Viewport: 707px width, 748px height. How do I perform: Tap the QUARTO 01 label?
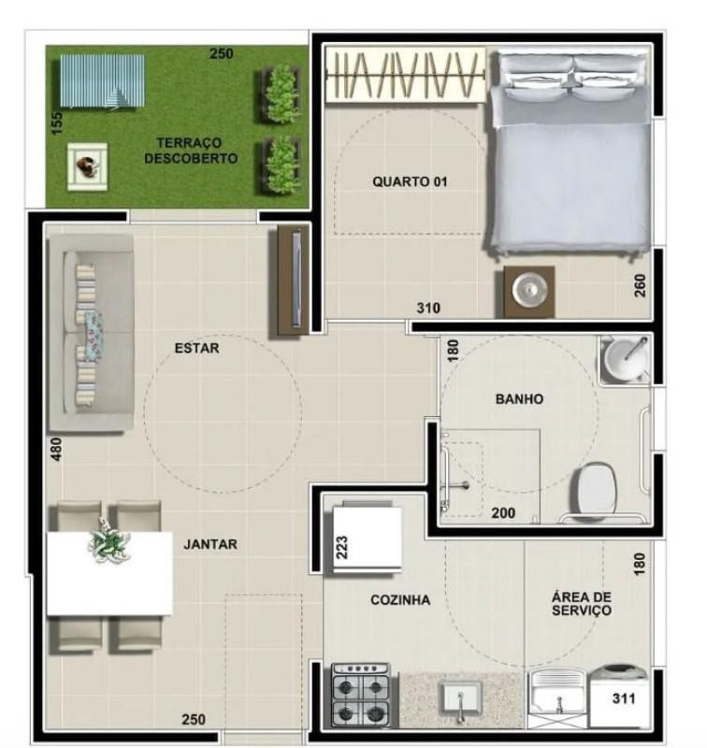410,181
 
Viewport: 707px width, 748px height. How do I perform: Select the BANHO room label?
519,398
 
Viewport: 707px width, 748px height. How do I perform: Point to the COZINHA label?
399,600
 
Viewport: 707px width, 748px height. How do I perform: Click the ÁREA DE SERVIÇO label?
581,603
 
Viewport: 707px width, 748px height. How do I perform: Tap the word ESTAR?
196,349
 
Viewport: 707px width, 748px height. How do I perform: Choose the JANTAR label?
210,544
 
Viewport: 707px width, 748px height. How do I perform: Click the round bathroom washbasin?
624,360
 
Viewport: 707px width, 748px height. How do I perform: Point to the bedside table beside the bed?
529,292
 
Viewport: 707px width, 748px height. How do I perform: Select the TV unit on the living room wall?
292,280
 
